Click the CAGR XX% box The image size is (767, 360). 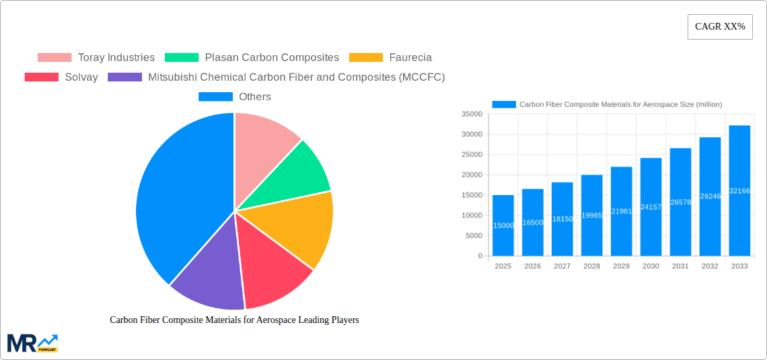pos(719,27)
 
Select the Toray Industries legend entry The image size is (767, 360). pos(96,58)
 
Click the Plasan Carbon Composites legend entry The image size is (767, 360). pos(252,58)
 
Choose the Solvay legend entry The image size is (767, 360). pos(61,77)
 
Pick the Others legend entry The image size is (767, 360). pos(235,97)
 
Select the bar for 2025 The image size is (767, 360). pos(503,225)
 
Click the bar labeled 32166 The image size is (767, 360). pos(739,191)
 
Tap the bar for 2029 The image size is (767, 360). pos(621,211)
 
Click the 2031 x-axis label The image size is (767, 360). pos(680,266)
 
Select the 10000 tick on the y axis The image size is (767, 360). pos(472,215)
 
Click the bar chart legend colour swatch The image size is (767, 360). pos(504,104)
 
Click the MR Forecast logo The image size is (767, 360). pos(32,343)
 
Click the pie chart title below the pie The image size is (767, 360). pos(234,320)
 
